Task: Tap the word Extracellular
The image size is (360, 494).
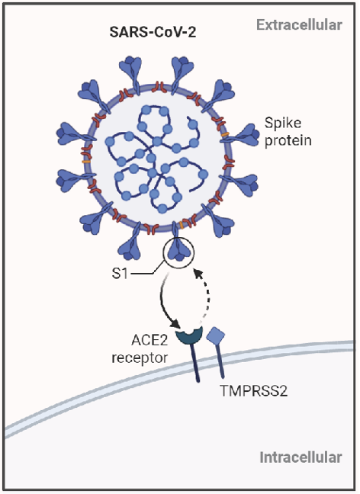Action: tap(298, 25)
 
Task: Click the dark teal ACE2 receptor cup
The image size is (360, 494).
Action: tap(188, 335)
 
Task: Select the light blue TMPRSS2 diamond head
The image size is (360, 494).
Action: tap(215, 335)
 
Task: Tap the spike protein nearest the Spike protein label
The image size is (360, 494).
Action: tap(246, 135)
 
